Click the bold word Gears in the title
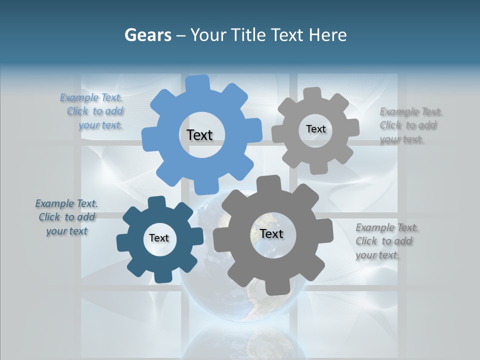(x=147, y=35)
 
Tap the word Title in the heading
(x=247, y=35)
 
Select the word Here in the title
(x=327, y=35)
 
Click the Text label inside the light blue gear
(x=199, y=135)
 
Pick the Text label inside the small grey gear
(x=315, y=129)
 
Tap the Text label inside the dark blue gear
(x=159, y=238)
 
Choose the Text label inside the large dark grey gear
(x=271, y=234)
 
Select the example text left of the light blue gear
(x=93, y=111)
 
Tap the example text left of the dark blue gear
(x=66, y=217)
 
